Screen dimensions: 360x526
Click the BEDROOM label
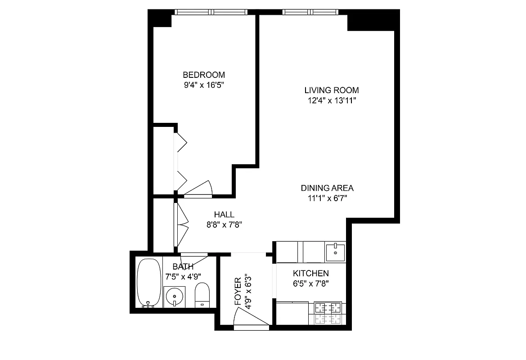(203, 75)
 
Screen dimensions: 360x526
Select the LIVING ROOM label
(331, 90)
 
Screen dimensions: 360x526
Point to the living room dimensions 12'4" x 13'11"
(331, 100)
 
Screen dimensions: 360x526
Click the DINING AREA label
(327, 188)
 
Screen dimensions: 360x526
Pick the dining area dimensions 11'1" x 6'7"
(327, 198)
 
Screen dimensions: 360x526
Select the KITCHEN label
(310, 273)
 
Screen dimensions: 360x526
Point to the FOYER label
(238, 292)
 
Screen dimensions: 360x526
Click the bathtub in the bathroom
(149, 282)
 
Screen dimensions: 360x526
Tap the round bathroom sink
(174, 297)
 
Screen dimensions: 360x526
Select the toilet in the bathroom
(202, 295)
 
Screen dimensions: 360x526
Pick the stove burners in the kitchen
(328, 313)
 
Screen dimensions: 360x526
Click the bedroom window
(211, 12)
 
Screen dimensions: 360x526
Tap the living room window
(309, 12)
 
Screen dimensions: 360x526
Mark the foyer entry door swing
(251, 318)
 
